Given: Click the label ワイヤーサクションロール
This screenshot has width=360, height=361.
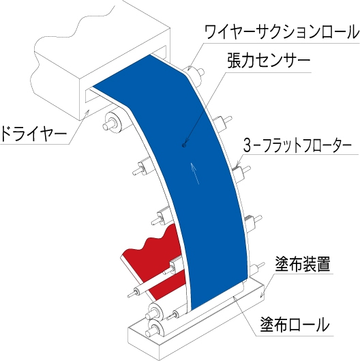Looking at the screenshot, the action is click(x=282, y=32).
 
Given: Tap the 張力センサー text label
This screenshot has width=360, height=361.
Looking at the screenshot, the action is click(x=269, y=60).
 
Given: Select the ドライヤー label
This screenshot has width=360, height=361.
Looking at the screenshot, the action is click(x=33, y=134).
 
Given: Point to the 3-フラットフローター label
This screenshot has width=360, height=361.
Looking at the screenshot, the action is click(x=297, y=146).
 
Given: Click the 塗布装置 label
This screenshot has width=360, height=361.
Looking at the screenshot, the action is click(x=303, y=264).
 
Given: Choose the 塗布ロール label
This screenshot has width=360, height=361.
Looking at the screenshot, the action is click(x=295, y=324).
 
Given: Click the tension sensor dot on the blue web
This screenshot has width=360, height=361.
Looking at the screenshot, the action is click(x=184, y=145).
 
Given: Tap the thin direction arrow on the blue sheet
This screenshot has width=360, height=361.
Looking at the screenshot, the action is click(x=194, y=173).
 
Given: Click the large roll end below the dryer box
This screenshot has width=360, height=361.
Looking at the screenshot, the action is click(x=112, y=122).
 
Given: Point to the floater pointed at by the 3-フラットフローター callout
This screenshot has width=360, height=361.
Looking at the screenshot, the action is click(x=240, y=172).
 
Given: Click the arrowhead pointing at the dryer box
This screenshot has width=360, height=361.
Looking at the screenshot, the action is click(x=87, y=113).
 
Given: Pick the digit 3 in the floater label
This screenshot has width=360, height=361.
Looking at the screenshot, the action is click(x=247, y=146).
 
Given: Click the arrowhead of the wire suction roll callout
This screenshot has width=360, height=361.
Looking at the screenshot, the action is click(x=189, y=68).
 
